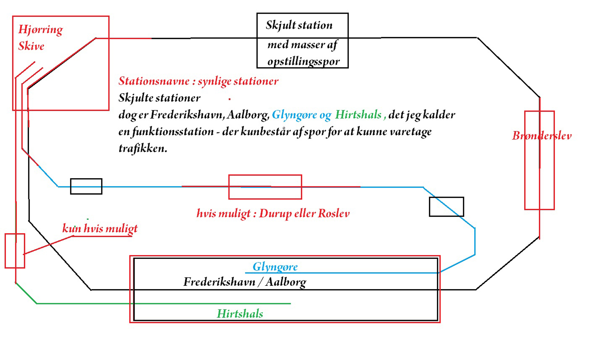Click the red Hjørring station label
click(41, 30)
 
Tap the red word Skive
click(31, 46)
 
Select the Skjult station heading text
click(299, 25)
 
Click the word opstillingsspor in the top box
click(303, 62)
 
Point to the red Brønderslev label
click(542, 136)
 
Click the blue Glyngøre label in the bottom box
click(275, 267)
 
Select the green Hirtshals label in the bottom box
click(240, 314)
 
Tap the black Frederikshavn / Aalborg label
click(245, 282)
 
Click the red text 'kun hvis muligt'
click(100, 229)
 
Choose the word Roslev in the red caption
click(334, 214)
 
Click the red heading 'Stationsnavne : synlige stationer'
click(198, 81)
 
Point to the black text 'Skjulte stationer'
click(159, 98)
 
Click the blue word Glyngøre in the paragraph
click(294, 115)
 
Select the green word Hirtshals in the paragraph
click(358, 115)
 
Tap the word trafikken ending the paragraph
click(143, 148)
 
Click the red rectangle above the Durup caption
click(265, 175)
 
